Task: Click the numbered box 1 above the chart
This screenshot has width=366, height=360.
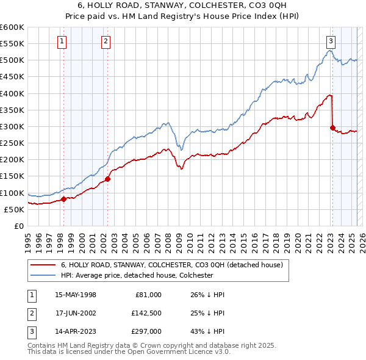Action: (x=63, y=41)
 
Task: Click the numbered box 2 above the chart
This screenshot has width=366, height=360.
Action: (x=106, y=41)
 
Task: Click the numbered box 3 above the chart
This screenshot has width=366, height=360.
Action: (x=331, y=41)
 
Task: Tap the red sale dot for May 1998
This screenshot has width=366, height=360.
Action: (x=63, y=199)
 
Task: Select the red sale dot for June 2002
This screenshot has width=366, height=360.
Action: (x=107, y=179)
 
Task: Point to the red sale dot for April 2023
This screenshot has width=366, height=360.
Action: (x=332, y=128)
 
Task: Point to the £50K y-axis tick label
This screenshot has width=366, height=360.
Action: (x=15, y=209)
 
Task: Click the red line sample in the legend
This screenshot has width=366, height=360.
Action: (x=43, y=265)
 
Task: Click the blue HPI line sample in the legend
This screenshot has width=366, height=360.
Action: (x=43, y=275)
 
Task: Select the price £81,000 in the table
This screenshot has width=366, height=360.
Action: (x=148, y=295)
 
